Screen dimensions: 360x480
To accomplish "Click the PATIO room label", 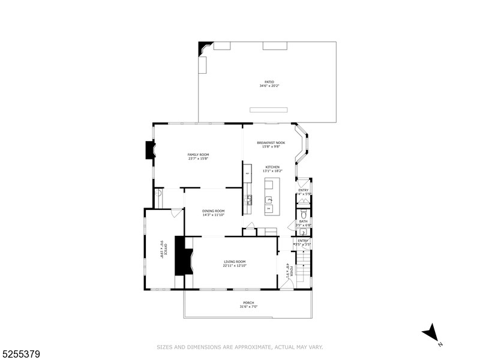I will coord(269,82).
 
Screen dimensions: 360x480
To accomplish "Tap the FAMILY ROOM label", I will coord(198,155).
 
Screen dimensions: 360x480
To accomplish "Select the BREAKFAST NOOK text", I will coord(271,143).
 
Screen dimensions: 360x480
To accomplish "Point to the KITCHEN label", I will coord(273,167).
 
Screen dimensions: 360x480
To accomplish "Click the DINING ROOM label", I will coord(213,211).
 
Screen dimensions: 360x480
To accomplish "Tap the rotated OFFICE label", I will coord(161,249).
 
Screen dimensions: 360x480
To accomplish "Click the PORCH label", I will coord(248,302).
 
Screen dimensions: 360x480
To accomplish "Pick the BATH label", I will coord(303,221).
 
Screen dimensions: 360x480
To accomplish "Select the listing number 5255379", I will coord(20,355).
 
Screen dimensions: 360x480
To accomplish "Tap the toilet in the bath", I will coord(304,214).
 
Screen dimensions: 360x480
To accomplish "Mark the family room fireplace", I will coord(149,150).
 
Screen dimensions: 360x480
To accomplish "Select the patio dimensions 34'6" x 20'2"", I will coord(269,86).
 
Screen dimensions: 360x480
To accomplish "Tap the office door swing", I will coord(176,212).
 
